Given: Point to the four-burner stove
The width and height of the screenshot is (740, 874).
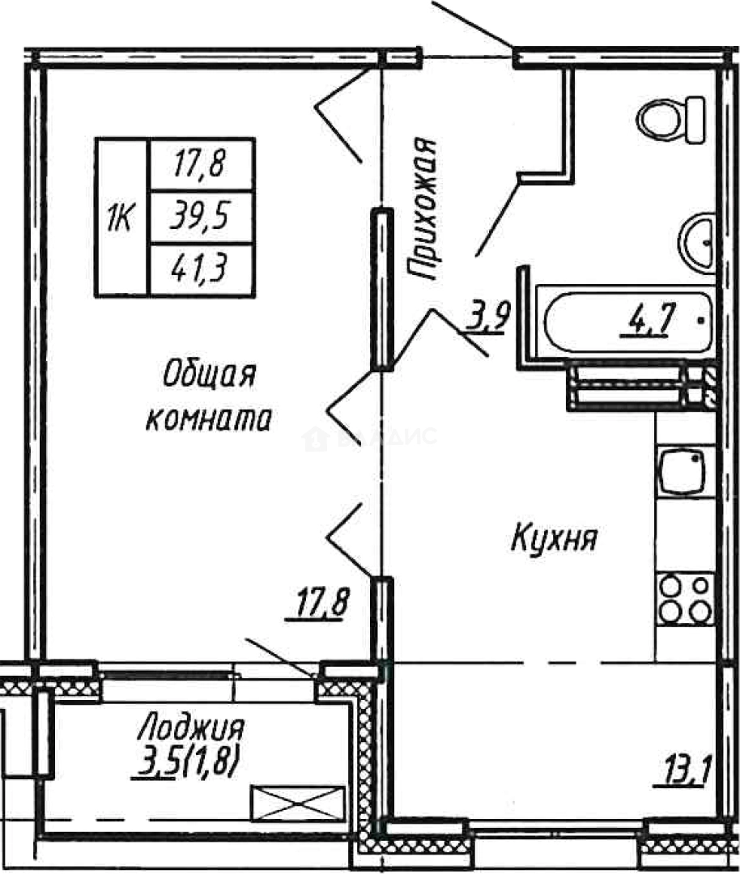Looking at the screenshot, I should pyautogui.click(x=685, y=598).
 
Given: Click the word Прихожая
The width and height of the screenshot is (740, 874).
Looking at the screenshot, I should pyautogui.click(x=423, y=209).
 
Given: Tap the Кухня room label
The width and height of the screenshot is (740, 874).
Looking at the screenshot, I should pyautogui.click(x=554, y=537).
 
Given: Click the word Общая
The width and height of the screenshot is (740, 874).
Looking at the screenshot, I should pyautogui.click(x=209, y=375).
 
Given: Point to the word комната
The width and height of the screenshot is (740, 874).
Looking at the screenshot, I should pyautogui.click(x=207, y=420).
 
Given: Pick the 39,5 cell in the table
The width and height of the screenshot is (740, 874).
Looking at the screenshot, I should pyautogui.click(x=201, y=216).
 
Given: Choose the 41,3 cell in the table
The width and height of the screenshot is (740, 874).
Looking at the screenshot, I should pyautogui.click(x=201, y=269).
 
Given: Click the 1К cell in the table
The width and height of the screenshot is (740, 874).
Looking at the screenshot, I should pyautogui.click(x=121, y=217).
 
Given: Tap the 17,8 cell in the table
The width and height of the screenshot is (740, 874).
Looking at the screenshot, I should pyautogui.click(x=201, y=165).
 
